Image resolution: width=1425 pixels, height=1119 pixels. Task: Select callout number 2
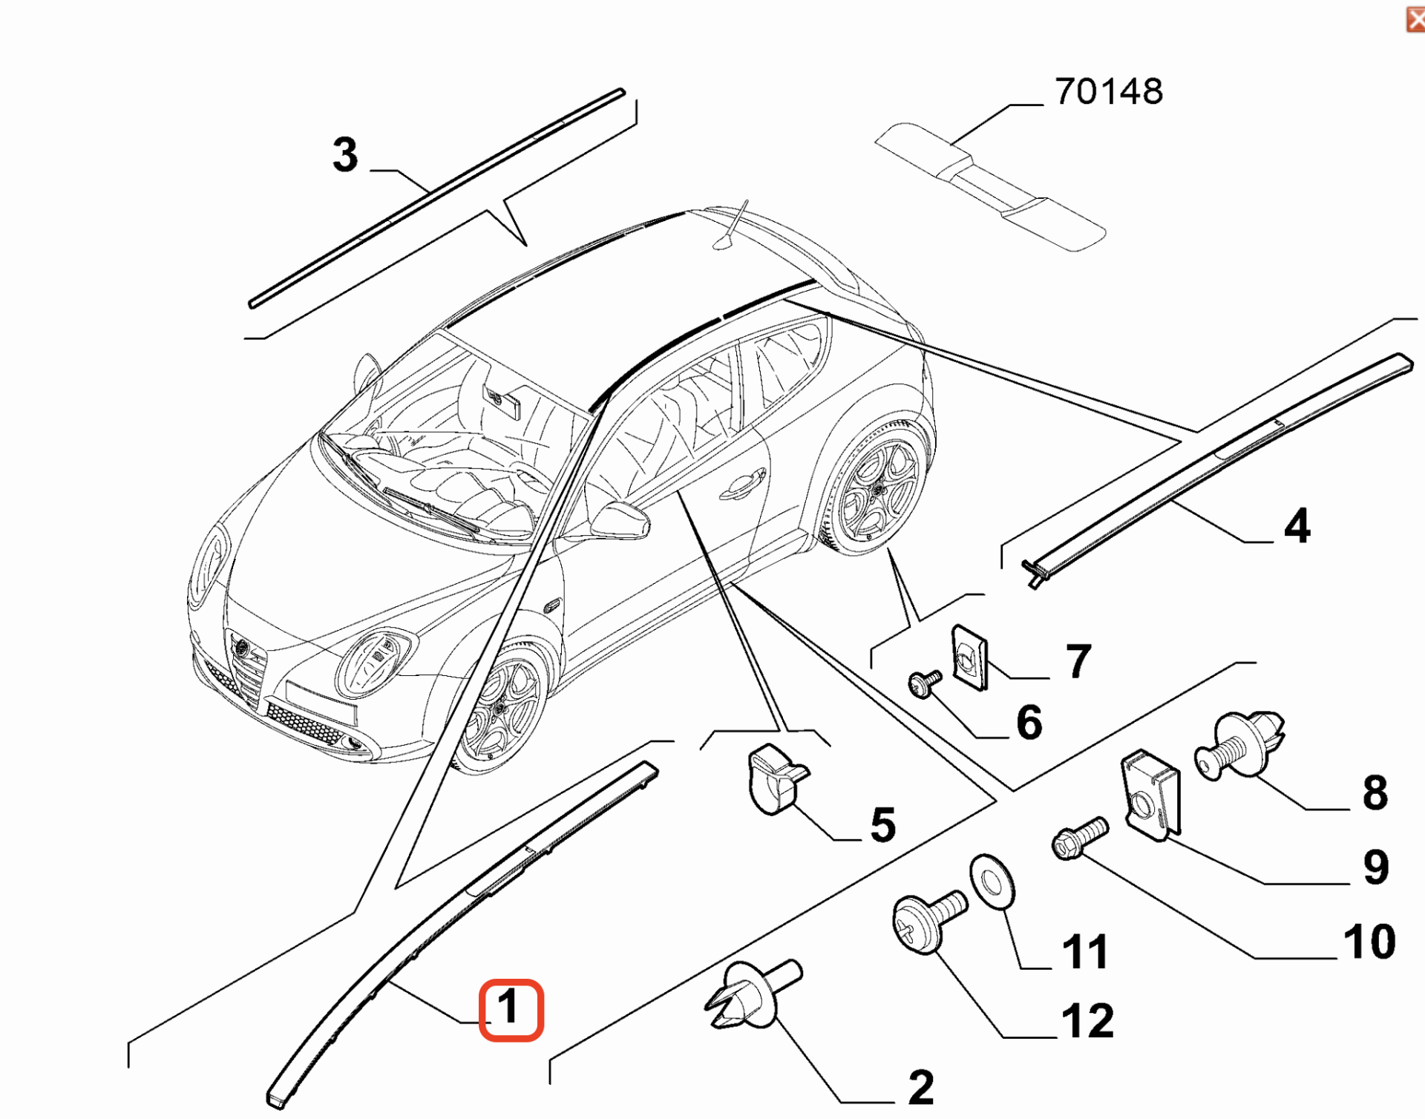(921, 1087)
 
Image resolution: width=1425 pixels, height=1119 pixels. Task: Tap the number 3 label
(345, 155)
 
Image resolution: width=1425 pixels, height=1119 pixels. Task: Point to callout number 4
(1297, 526)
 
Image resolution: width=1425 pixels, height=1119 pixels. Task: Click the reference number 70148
(1109, 92)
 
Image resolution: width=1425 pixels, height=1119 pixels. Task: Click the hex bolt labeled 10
(1079, 839)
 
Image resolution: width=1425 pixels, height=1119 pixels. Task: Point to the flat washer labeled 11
(992, 880)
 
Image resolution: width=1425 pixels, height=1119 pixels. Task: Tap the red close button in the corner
(1415, 19)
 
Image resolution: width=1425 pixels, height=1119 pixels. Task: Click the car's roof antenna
(731, 226)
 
